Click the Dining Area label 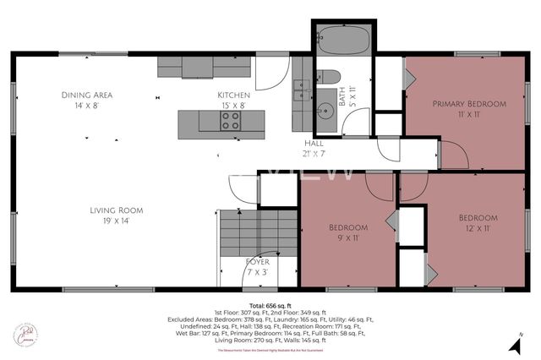click(x=87, y=95)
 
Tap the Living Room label click(x=117, y=210)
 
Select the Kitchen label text click(x=233, y=95)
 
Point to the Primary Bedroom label click(x=469, y=104)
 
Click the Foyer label click(x=257, y=262)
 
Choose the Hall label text click(x=314, y=144)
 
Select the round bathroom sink click(x=327, y=111)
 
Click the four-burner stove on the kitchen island click(x=231, y=122)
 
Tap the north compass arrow click(x=513, y=344)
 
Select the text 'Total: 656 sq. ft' click(x=270, y=305)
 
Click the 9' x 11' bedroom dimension click(x=347, y=239)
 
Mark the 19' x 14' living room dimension click(x=117, y=221)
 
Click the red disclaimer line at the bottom click(x=270, y=351)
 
